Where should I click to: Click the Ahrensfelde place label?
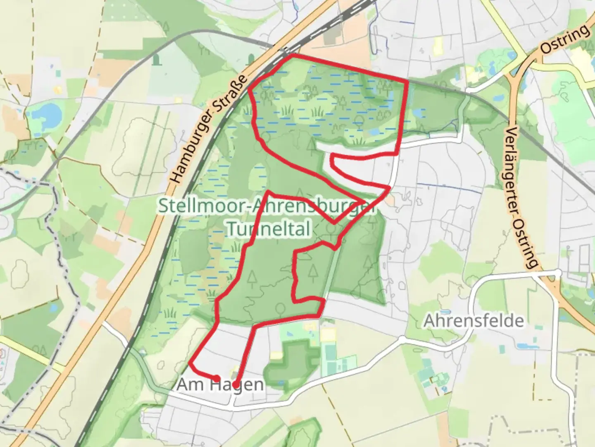pos(474,321)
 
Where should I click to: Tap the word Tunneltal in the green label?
pos(269,228)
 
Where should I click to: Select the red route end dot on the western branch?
pos(217,377)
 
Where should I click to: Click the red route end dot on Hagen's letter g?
pos(235,385)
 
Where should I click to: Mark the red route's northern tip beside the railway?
pos(293,55)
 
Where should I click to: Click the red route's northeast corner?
pos(407,82)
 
